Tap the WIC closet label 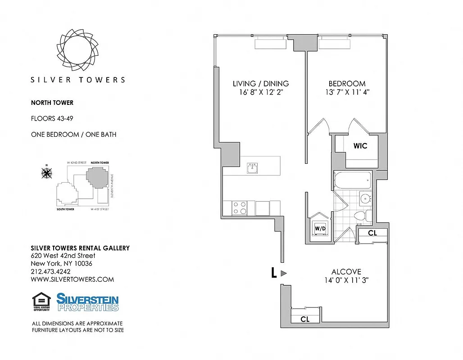coord(360,146)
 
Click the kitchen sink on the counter coord(252,168)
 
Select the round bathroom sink coord(365,198)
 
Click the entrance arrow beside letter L coord(283,273)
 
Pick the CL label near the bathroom coord(372,233)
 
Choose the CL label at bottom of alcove coord(305,319)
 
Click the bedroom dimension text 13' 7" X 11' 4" coord(346,92)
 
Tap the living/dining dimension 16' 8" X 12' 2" coord(260,92)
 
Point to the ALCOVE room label coord(346,272)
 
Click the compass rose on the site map coord(46,172)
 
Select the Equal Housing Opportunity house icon coord(41,301)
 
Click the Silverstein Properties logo coord(87,302)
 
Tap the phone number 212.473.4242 coord(50,271)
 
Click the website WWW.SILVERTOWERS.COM coord(72,279)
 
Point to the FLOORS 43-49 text coord(52,119)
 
